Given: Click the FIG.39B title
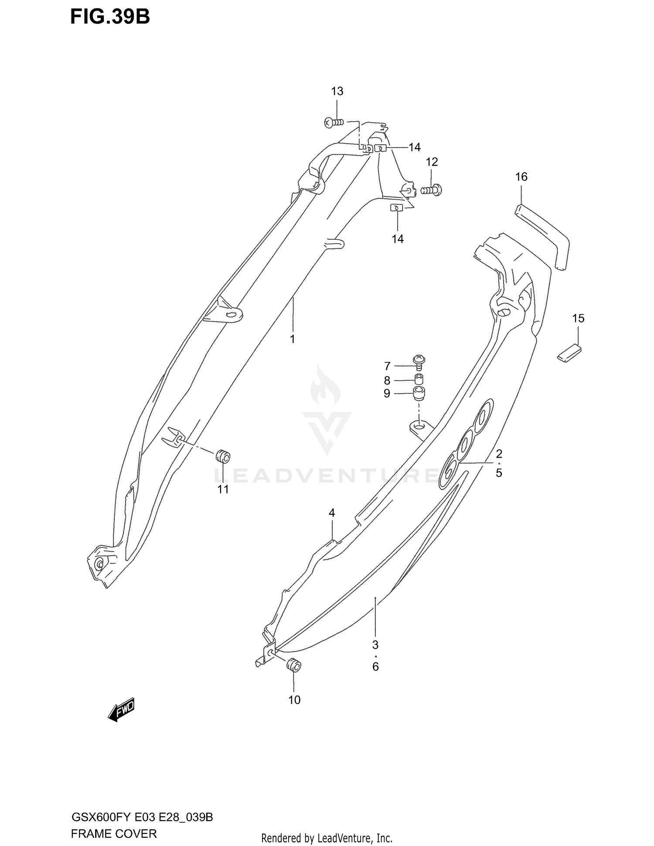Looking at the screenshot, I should tap(110, 17).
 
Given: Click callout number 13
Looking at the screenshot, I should tap(337, 91).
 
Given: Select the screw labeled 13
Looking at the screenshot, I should tap(334, 122).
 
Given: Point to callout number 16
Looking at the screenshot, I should tap(521, 177).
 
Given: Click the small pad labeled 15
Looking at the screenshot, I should tap(569, 353).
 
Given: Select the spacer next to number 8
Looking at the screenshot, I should tap(419, 379).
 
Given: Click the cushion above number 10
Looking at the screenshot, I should tap(293, 666).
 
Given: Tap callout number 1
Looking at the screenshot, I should tap(293, 339).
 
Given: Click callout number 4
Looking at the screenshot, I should tap(332, 513).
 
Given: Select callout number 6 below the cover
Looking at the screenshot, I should tap(375, 666).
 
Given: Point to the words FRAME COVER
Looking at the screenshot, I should tap(114, 834).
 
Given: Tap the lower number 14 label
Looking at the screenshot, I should tap(397, 239).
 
